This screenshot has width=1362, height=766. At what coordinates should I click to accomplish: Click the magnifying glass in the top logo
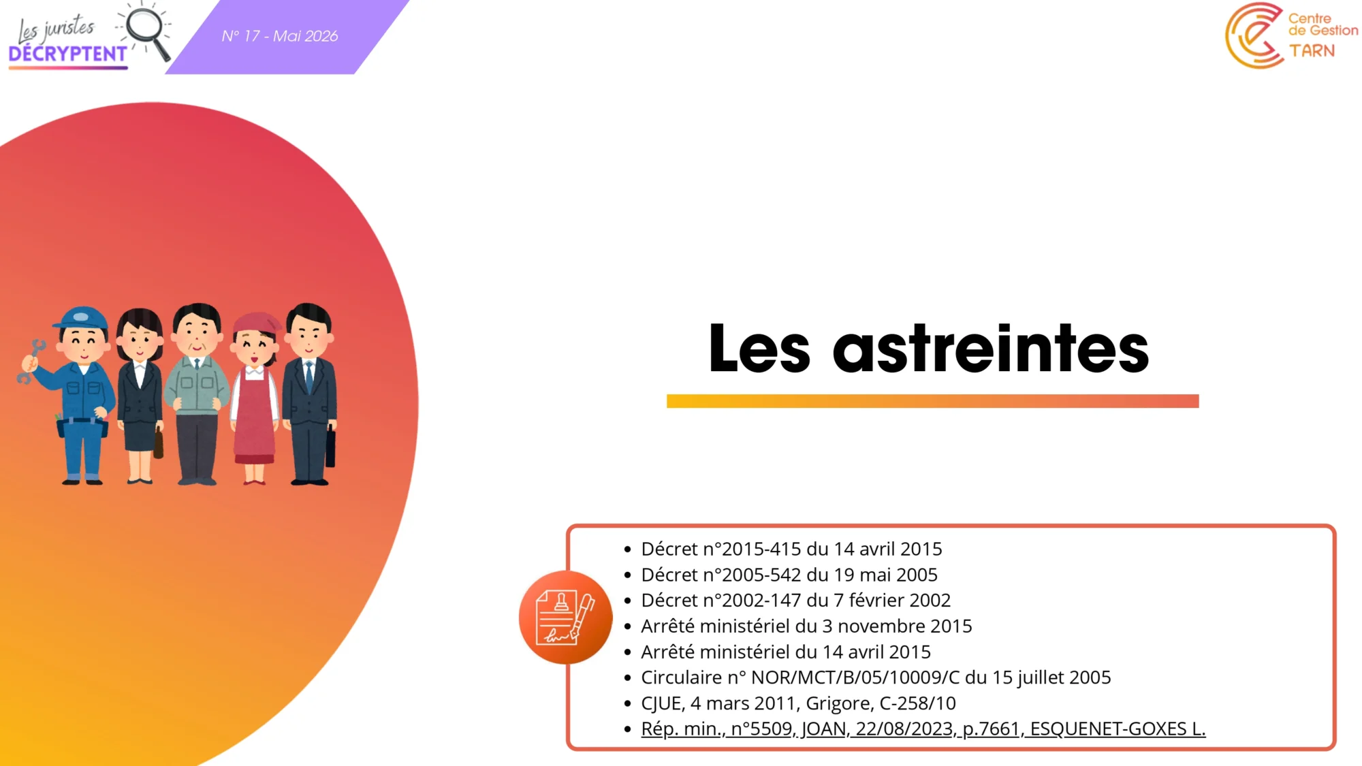(146, 31)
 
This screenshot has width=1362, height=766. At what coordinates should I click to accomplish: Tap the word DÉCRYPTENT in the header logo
(68, 54)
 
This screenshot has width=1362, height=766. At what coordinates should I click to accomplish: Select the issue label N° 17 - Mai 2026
(280, 36)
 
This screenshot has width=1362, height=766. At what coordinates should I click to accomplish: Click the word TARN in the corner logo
(1312, 51)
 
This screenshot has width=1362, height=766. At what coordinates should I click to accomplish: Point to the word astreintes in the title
(991, 349)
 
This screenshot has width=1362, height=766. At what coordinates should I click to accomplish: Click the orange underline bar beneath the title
(932, 401)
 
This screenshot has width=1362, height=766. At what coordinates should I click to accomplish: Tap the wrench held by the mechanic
(30, 361)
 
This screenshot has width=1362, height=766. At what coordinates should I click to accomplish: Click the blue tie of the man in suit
(308, 377)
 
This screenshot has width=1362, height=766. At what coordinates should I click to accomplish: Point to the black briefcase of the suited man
(330, 447)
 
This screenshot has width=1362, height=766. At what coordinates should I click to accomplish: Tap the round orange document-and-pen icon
(565, 618)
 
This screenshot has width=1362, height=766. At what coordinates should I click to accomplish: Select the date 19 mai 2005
(885, 575)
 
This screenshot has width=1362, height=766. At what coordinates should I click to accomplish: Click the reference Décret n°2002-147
(721, 600)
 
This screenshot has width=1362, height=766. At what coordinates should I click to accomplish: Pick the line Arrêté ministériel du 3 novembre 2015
(806, 626)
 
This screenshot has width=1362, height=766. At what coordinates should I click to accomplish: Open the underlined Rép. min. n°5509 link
(923, 729)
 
